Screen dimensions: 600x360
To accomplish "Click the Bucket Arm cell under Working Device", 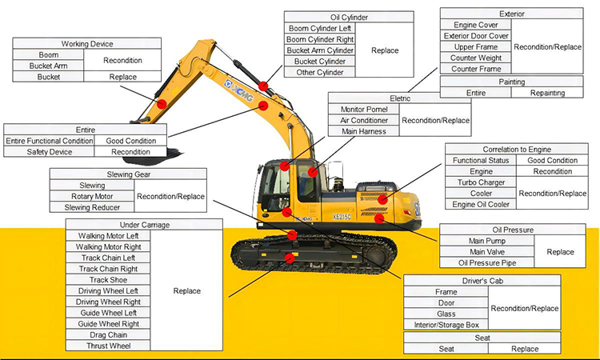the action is pos(48,66).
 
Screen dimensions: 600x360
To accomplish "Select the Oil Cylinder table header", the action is pos(349,18).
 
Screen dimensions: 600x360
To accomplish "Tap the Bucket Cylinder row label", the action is pos(320,62).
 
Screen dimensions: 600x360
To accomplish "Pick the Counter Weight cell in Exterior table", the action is pos(476,58).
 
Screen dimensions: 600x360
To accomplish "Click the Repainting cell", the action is pos(547,93).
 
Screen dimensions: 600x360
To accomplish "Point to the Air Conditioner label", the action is pos(364,120).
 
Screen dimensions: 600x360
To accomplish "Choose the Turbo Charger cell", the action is pos(481,182).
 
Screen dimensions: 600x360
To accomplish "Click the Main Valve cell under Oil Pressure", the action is pos(486,252).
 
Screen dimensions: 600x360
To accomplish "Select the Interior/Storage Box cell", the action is pos(446,325).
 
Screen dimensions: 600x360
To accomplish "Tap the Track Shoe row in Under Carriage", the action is pos(108,280).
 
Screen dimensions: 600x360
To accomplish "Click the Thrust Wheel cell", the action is pos(108,346).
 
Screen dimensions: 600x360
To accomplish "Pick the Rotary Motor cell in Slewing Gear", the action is pos(92,196).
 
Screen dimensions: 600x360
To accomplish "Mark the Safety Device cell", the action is pos(49,152).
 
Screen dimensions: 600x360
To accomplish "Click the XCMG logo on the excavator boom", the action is pos(238,90).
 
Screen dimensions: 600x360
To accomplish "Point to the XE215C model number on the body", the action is pos(342,217).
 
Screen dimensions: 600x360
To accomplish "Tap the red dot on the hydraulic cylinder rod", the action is pos(263,86).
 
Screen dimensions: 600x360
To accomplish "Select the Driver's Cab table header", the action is pos(482,281).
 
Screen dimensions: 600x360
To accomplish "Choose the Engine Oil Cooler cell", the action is pos(481,204).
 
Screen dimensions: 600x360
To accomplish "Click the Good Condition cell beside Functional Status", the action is pos(552,160).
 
